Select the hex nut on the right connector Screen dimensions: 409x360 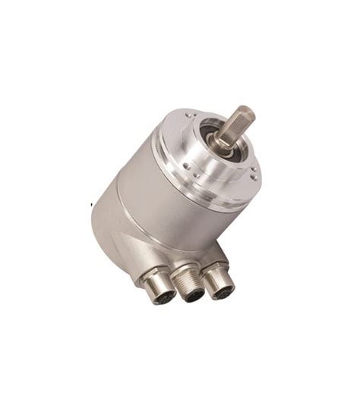tap(216, 270)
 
